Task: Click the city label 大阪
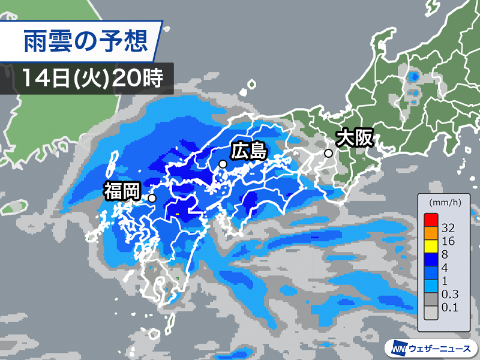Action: [x=355, y=138]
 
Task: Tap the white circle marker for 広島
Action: [x=223, y=164]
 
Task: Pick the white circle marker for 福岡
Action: [x=152, y=198]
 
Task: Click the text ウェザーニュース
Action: [x=441, y=347]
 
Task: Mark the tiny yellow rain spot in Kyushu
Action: [x=178, y=214]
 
